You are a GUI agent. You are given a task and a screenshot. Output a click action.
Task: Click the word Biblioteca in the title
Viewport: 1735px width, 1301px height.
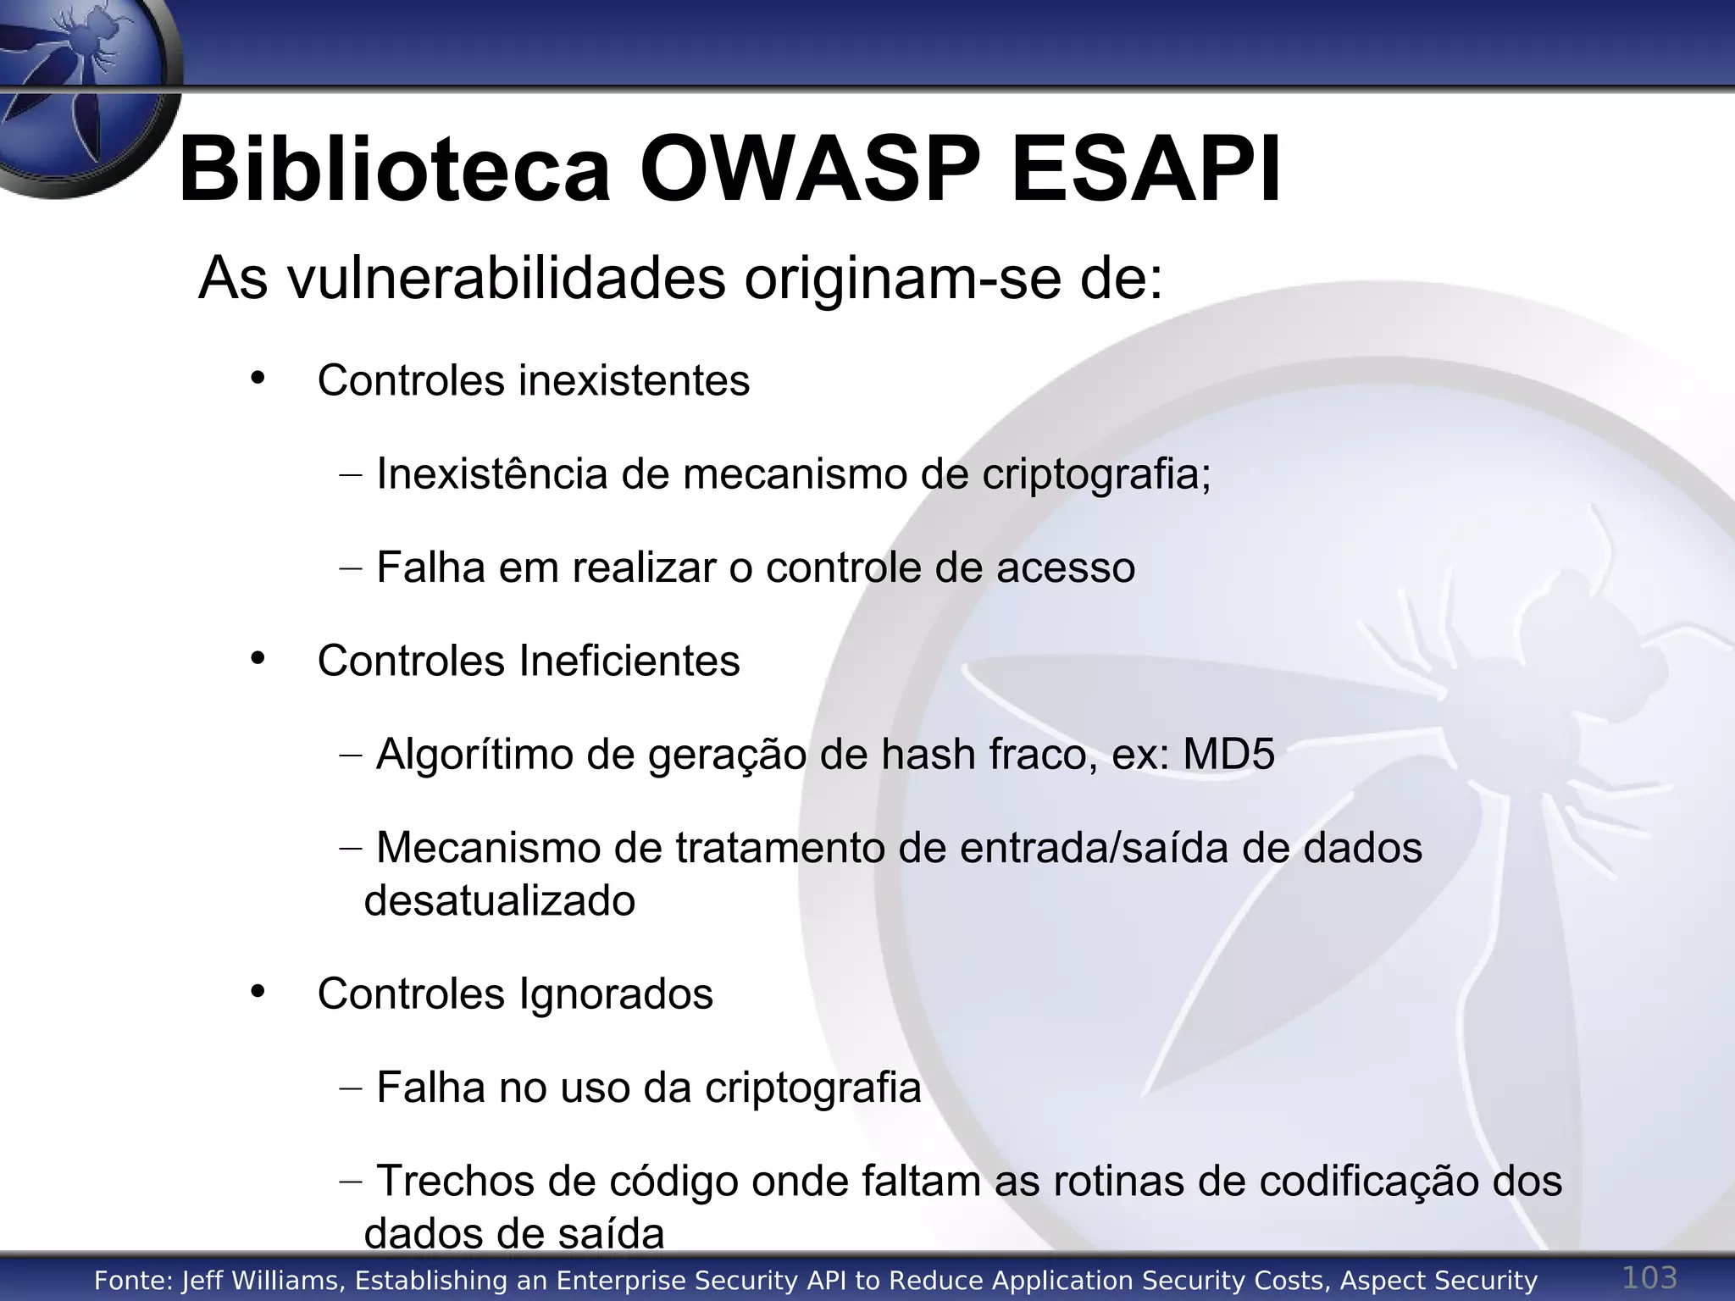tap(394, 169)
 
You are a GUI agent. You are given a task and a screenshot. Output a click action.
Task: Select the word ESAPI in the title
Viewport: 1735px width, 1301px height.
tap(1146, 169)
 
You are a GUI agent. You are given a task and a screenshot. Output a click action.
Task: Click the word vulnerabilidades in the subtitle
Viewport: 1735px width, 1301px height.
tap(507, 278)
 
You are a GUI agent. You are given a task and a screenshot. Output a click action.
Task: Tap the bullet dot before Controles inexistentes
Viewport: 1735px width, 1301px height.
tap(258, 378)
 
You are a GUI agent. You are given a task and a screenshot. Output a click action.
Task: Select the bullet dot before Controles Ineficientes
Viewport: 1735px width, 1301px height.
tap(258, 658)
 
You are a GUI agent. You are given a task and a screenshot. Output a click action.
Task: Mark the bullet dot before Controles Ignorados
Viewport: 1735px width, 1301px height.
tap(258, 991)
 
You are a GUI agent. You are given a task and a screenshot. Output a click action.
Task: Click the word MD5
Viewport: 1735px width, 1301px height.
tap(1228, 754)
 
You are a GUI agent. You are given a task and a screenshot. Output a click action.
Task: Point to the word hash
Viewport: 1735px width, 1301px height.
tap(928, 754)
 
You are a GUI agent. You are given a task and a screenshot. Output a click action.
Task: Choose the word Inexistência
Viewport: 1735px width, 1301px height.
tap(491, 473)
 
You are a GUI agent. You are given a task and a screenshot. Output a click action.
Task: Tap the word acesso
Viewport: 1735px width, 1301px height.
tap(1065, 567)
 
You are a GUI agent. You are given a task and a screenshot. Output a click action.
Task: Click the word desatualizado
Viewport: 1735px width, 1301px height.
tap(500, 900)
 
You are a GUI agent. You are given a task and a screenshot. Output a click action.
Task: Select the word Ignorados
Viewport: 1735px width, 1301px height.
tap(616, 994)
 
